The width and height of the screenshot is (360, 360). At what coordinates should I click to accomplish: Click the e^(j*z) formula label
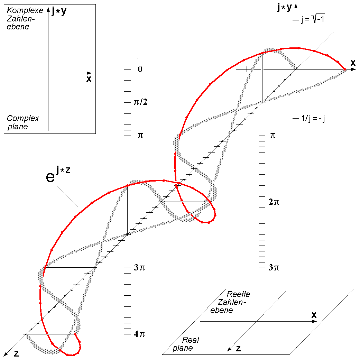click(x=58, y=174)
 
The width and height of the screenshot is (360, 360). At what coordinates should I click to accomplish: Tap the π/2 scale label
click(x=140, y=102)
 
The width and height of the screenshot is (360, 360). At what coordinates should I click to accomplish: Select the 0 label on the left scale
click(x=140, y=69)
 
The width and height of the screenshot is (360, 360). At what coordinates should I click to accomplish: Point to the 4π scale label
click(x=139, y=334)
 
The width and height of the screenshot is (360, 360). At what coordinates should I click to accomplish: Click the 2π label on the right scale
click(x=274, y=202)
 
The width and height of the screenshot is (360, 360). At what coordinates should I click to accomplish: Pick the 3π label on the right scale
click(x=274, y=267)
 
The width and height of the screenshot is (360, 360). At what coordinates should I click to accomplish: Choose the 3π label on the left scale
click(x=139, y=267)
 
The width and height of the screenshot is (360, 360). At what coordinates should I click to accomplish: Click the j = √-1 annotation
click(x=313, y=19)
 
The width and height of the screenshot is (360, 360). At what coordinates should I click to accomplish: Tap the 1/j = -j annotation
click(x=313, y=119)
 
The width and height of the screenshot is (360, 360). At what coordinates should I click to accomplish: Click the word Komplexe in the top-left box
click(x=25, y=10)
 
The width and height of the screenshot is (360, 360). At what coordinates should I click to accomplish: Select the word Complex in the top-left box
click(x=23, y=118)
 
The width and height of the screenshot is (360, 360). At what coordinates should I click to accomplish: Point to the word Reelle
click(x=238, y=294)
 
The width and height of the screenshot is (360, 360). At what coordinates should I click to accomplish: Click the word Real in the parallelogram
click(x=191, y=340)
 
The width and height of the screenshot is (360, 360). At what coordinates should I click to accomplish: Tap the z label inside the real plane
click(x=239, y=349)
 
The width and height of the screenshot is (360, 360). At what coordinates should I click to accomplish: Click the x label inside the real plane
click(x=314, y=315)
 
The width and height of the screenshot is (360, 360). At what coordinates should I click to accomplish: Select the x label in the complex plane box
click(x=89, y=79)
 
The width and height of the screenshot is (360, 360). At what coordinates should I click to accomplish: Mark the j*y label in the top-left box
click(x=59, y=11)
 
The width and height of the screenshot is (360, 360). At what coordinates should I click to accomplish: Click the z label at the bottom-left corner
click(x=16, y=353)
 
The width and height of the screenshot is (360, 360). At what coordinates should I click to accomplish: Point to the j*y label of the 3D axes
click(x=284, y=7)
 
